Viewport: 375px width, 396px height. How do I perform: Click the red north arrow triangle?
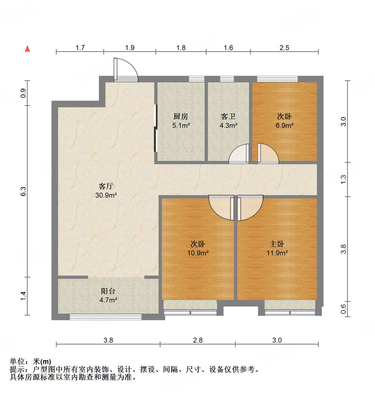27,49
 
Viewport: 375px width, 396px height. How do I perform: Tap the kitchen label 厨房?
181,117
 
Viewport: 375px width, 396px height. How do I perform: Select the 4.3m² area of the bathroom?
228,126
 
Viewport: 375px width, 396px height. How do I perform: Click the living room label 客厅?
106,186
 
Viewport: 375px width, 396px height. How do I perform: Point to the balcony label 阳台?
108,291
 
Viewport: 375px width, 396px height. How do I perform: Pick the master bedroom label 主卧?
277,244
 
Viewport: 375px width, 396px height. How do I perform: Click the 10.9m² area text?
198,253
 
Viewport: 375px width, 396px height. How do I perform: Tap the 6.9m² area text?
285,126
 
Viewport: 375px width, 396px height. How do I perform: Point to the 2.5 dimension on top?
284,48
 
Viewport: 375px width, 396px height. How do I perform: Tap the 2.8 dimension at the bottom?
198,340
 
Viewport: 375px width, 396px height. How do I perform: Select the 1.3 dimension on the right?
343,179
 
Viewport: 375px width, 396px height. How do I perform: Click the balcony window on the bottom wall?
105,317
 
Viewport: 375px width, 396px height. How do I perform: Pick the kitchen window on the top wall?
197,79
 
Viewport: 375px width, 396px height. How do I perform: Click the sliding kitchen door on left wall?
156,128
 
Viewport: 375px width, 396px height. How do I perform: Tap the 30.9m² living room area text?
106,195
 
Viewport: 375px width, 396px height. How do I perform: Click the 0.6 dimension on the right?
343,309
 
